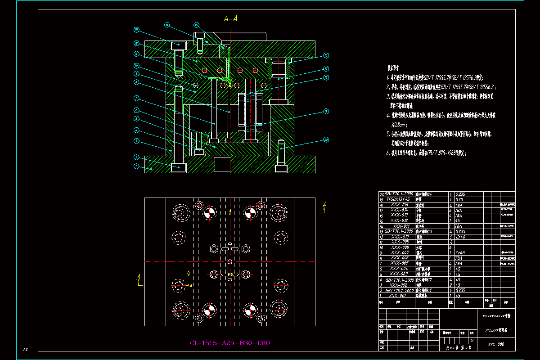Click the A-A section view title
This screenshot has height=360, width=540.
pos(230,18)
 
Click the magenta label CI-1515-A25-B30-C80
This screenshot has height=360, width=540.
pos(230,343)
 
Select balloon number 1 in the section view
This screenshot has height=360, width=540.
pos(136,166)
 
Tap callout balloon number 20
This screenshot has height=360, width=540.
pos(326,140)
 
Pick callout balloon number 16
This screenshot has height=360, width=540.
pos(326,56)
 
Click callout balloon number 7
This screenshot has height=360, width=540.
pos(136,98)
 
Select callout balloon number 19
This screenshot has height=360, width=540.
pos(326,111)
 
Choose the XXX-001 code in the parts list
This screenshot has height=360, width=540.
pos(398,296)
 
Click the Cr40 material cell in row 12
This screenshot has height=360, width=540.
pos(460,236)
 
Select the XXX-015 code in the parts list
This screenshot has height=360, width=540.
pos(400,204)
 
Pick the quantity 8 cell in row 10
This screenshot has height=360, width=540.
pos(450,247)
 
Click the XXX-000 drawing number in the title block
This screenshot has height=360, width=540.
pos(496,345)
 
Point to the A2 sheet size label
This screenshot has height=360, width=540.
pos(26,349)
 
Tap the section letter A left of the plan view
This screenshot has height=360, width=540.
pos(139,278)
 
